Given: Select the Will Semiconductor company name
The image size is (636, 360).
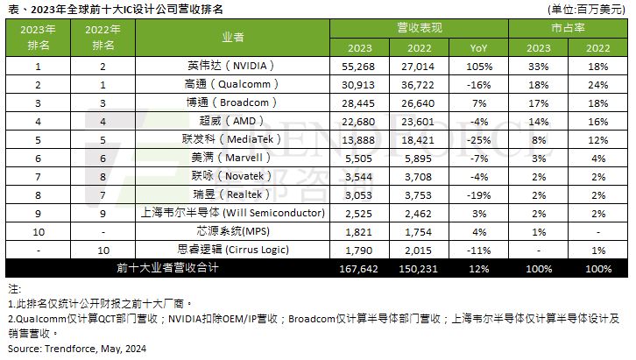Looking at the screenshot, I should click(x=233, y=213).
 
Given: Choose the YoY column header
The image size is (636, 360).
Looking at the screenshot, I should click(x=477, y=48).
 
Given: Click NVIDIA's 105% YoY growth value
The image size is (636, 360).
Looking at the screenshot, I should click(x=477, y=66).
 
